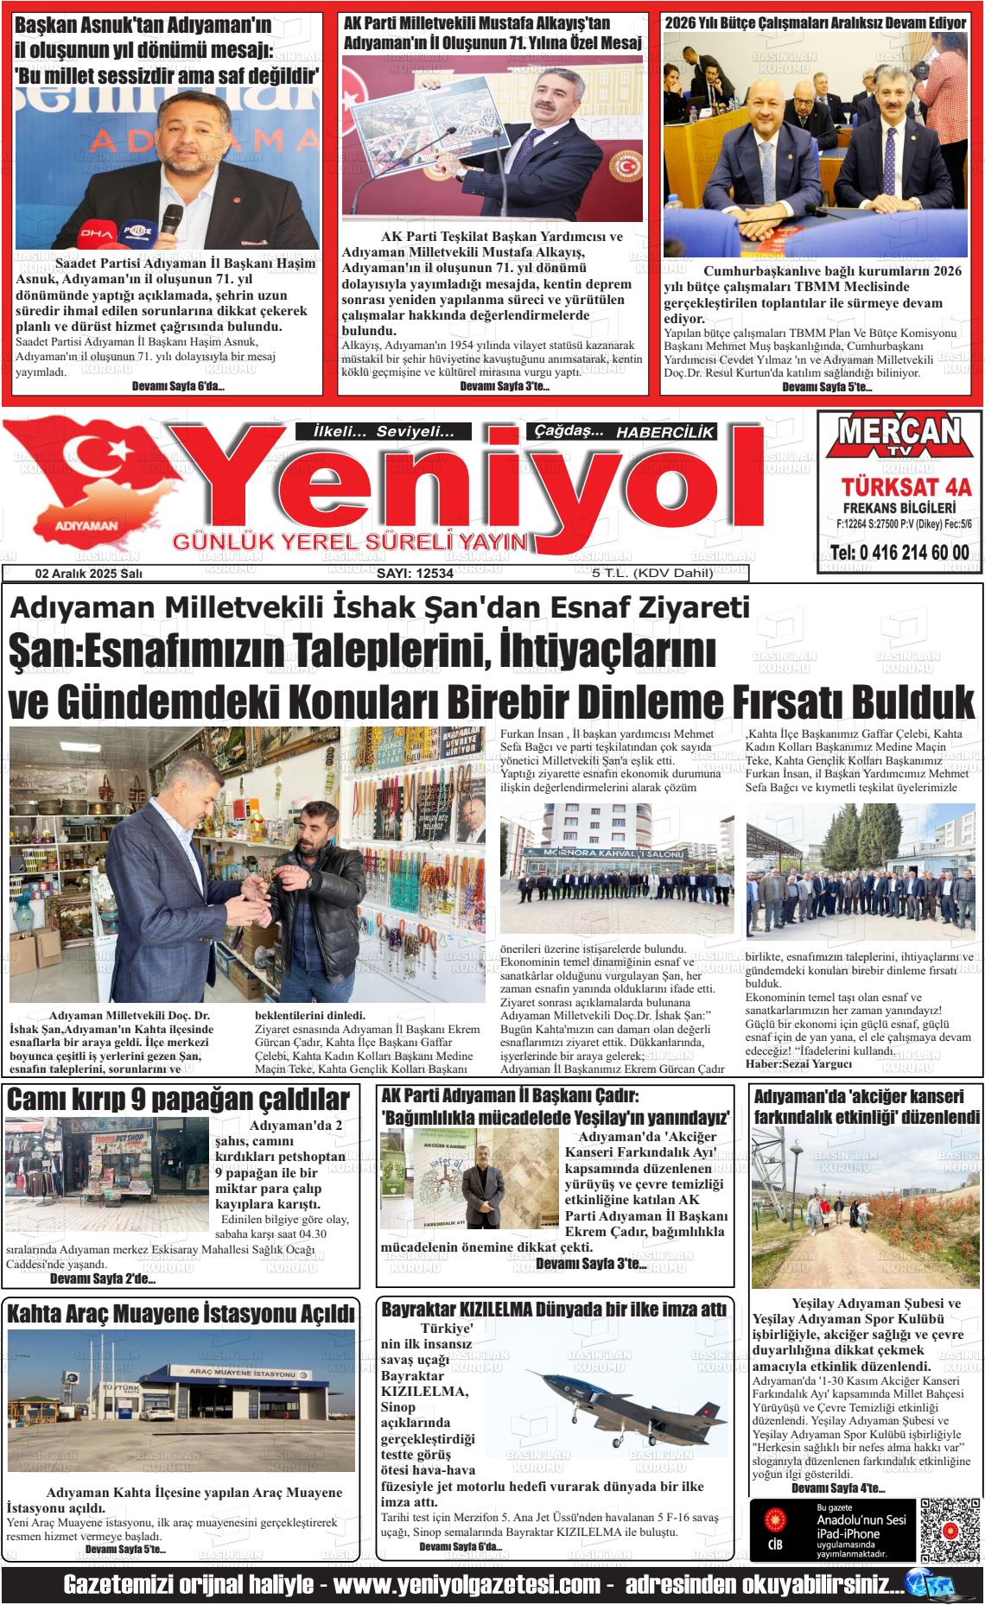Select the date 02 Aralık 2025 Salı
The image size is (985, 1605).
tap(89, 574)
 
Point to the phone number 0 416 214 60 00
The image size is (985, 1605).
tap(899, 553)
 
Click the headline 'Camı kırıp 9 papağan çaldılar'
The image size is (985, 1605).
tap(178, 1100)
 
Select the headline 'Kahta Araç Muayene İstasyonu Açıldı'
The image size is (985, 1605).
tap(181, 1314)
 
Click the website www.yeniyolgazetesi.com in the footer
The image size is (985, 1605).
tap(467, 1585)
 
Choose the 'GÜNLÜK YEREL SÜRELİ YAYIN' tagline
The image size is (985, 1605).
tap(350, 542)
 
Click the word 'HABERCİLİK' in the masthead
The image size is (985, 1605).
tap(665, 432)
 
